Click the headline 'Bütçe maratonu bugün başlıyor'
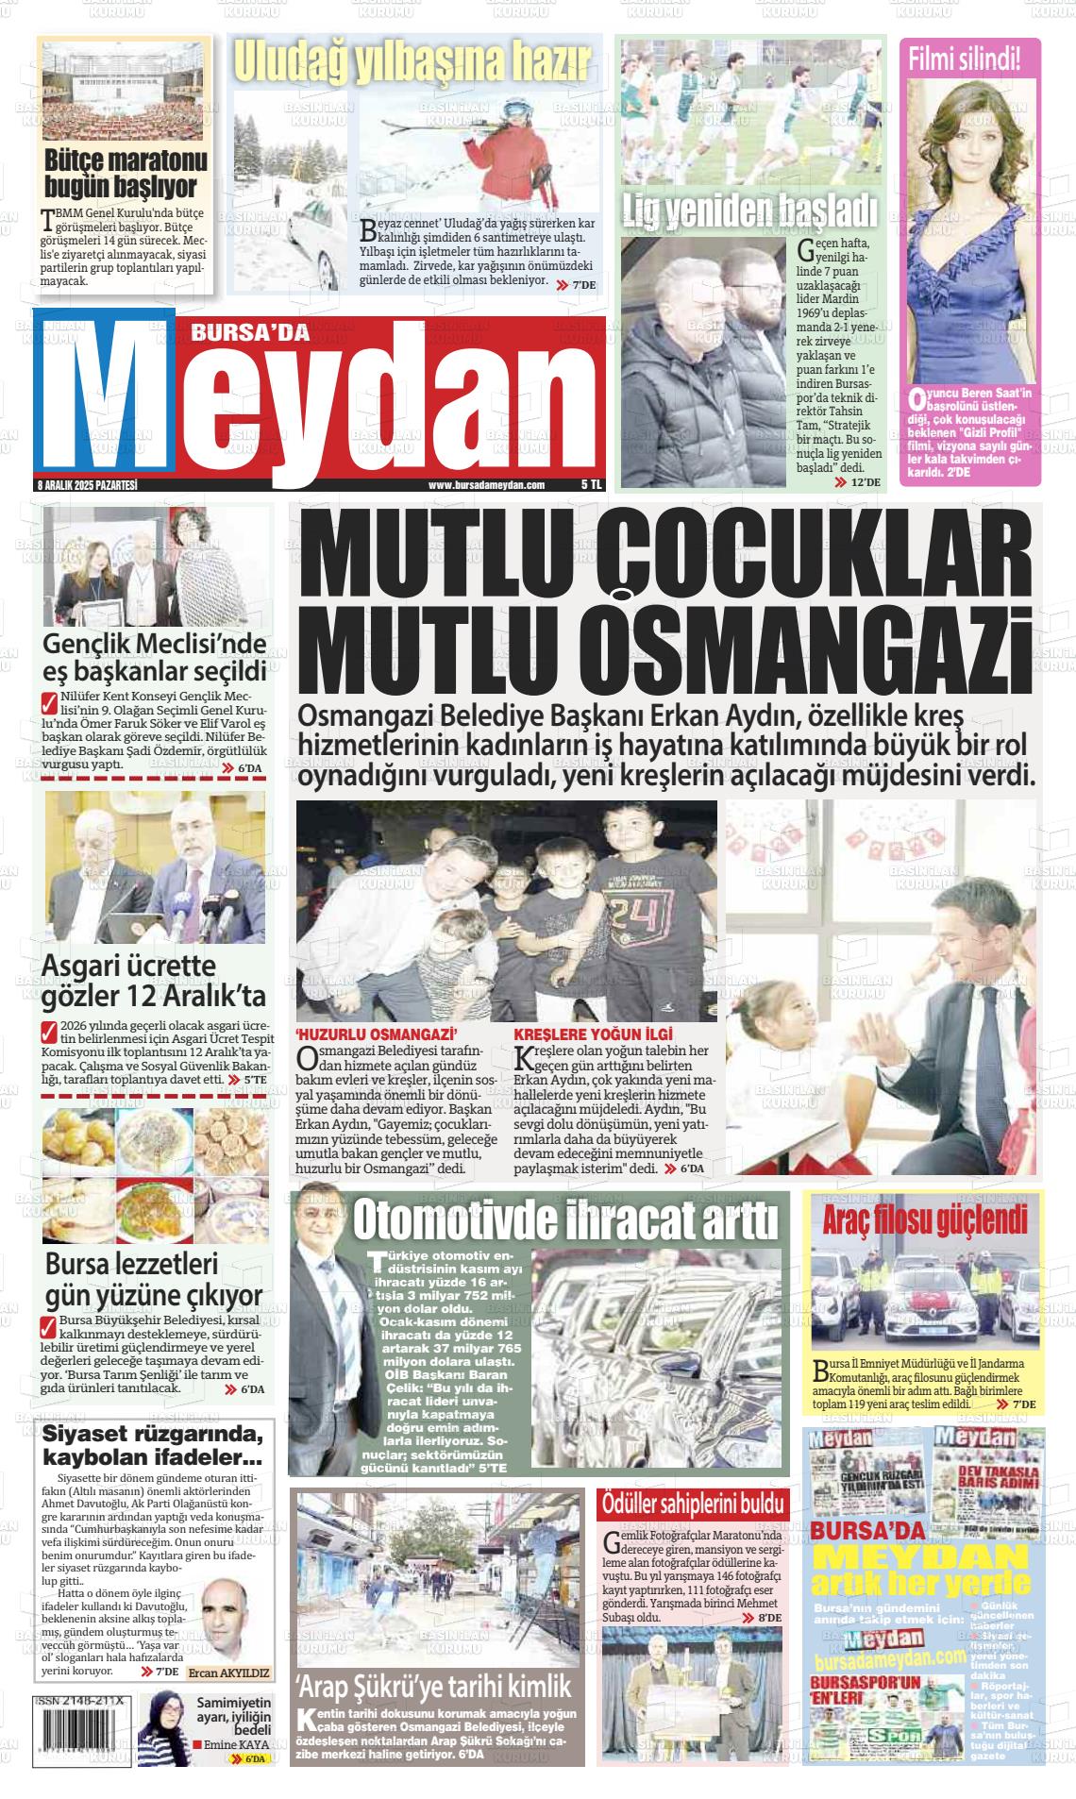126,171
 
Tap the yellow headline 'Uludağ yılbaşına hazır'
412,62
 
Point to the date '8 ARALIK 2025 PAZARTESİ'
87,485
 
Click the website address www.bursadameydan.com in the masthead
486,485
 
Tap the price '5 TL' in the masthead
591,484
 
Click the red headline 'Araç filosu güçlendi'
924,1219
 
